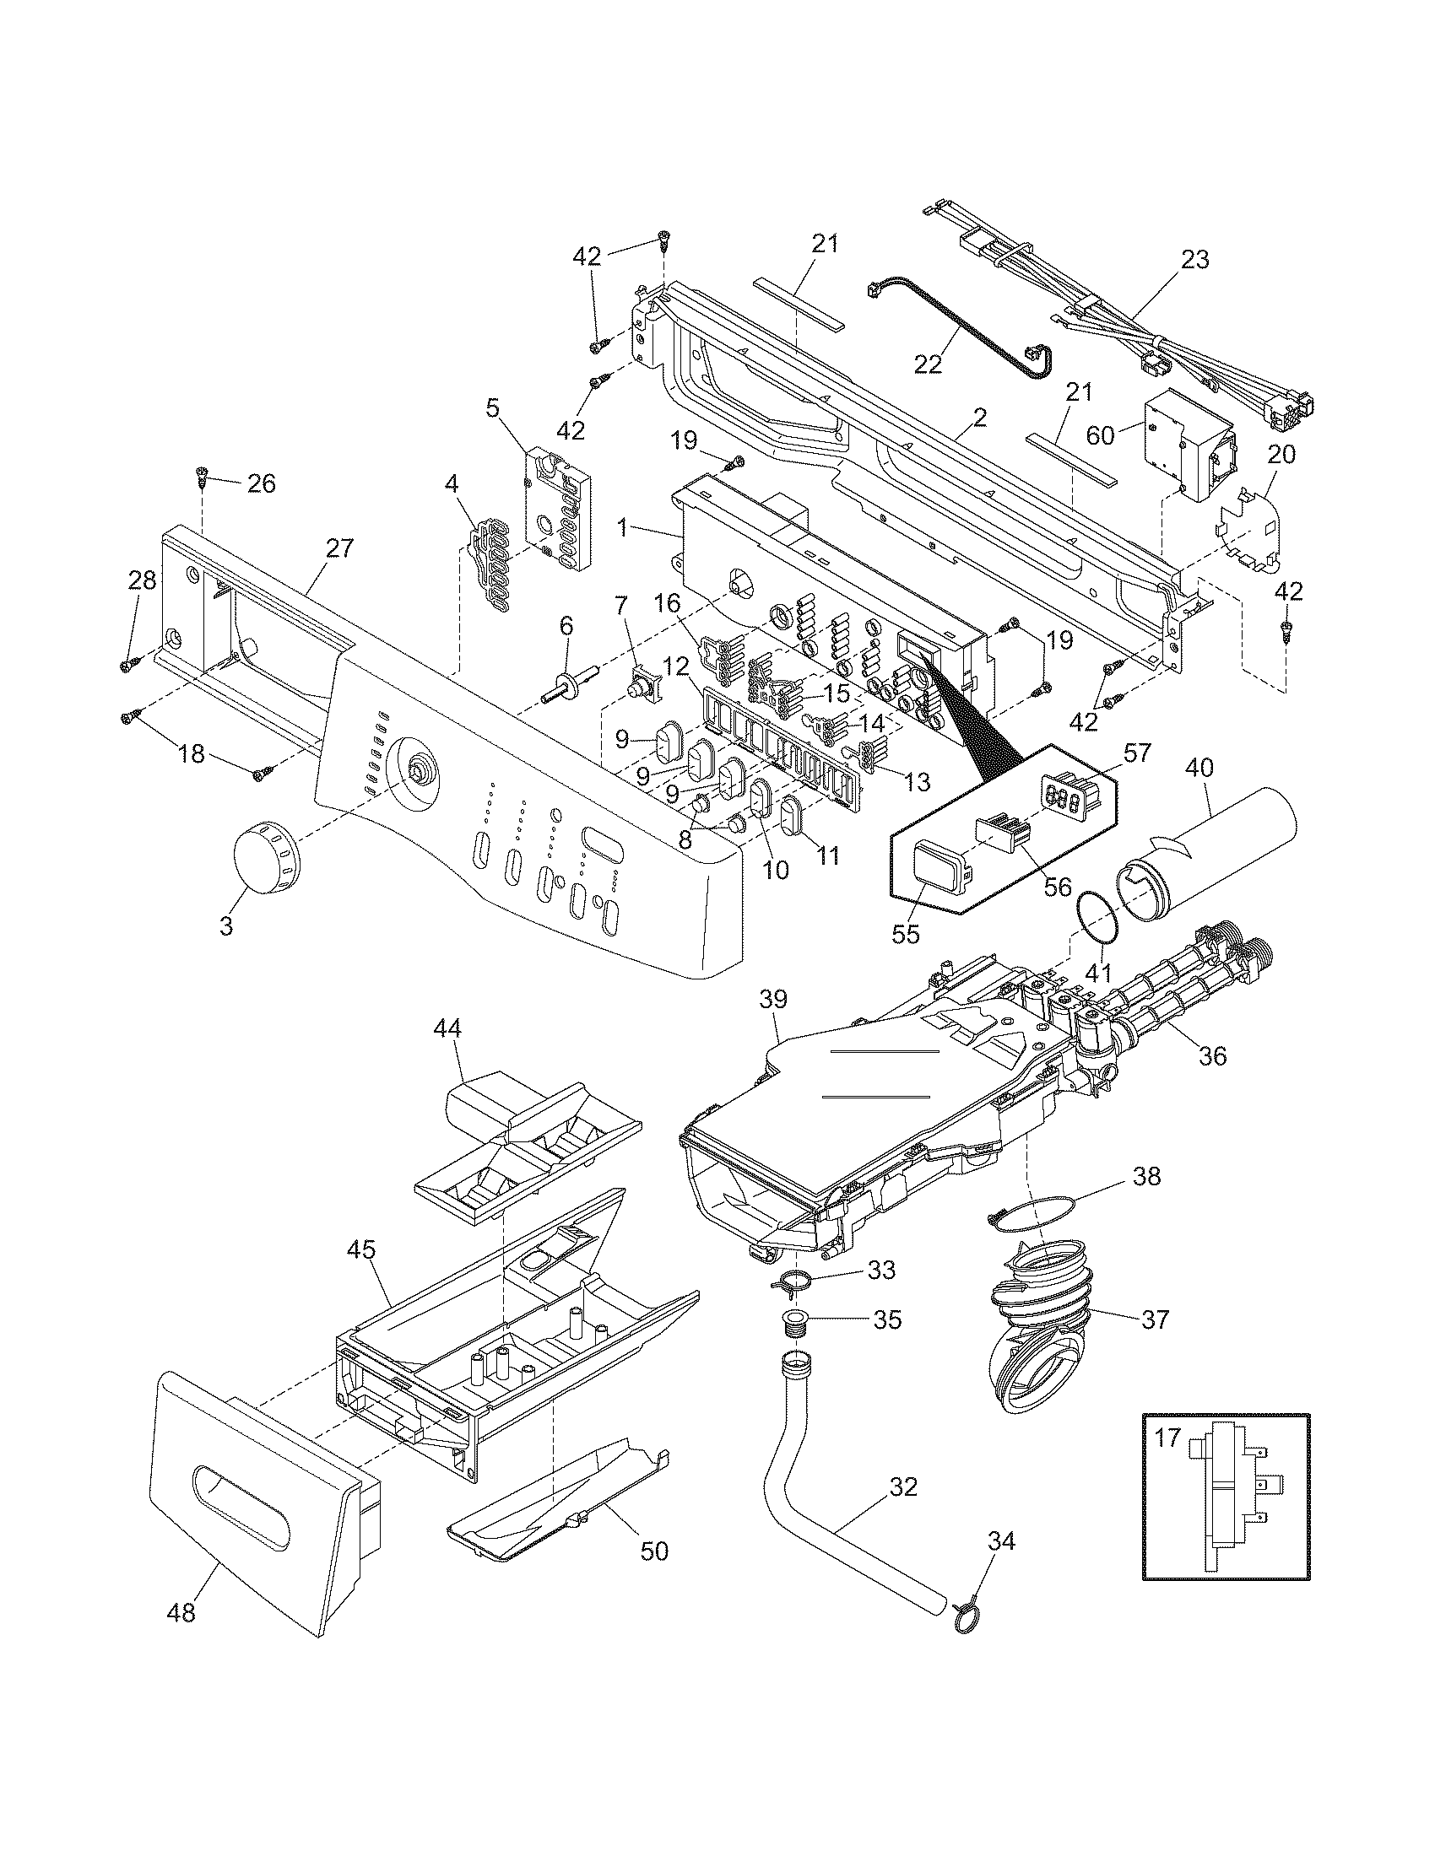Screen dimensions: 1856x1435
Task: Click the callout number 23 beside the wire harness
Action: click(1194, 259)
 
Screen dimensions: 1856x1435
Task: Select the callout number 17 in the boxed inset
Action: click(1168, 1438)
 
